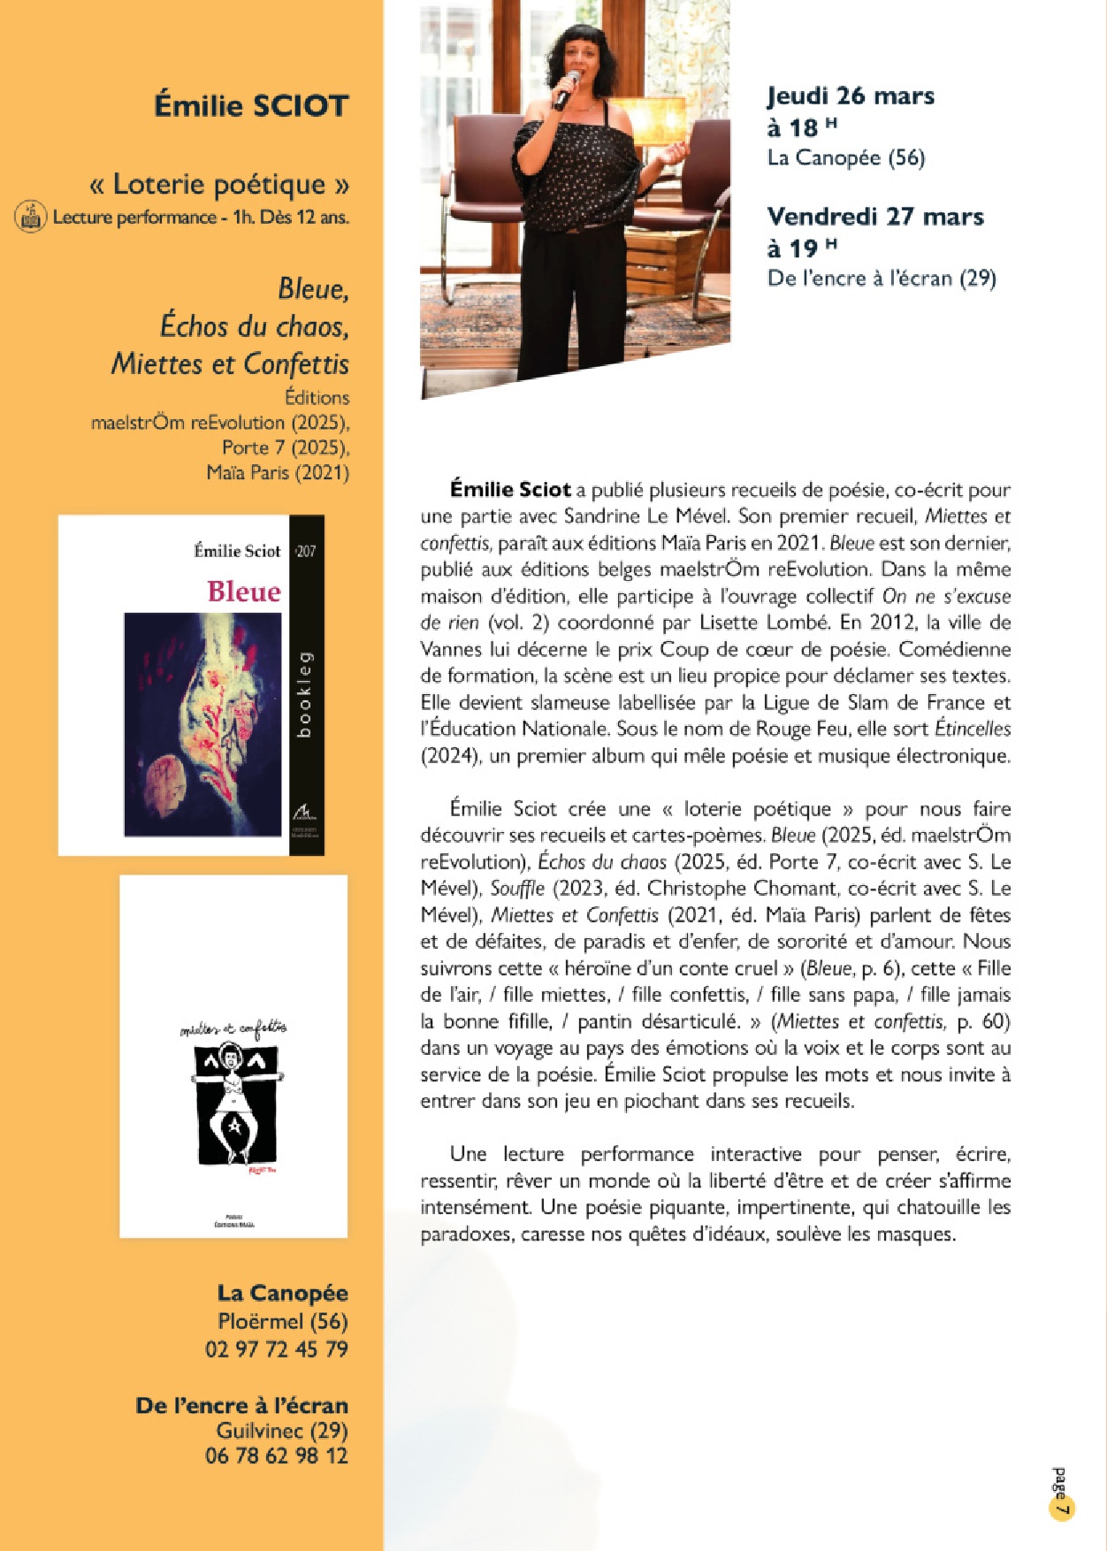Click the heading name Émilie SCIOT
(251, 106)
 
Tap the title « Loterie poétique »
(219, 184)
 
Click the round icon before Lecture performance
(30, 217)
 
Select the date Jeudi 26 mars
(851, 96)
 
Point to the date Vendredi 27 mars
(875, 216)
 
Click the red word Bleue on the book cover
(243, 591)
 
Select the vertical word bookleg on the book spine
(305, 694)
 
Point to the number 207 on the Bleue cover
(305, 551)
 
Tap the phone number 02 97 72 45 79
(276, 1349)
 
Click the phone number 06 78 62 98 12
(276, 1455)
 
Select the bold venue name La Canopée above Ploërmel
(282, 1293)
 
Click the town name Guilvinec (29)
(281, 1430)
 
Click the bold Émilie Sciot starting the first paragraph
(510, 489)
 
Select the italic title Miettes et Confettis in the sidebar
(230, 363)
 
